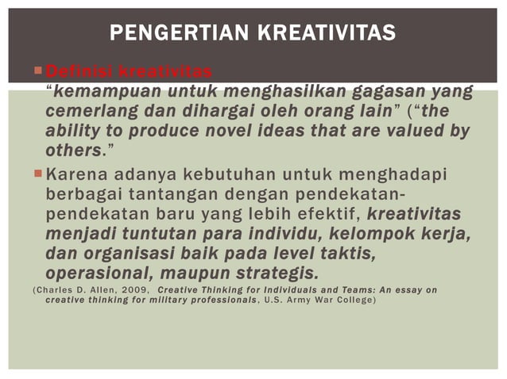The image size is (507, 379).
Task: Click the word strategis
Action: tap(274, 274)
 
